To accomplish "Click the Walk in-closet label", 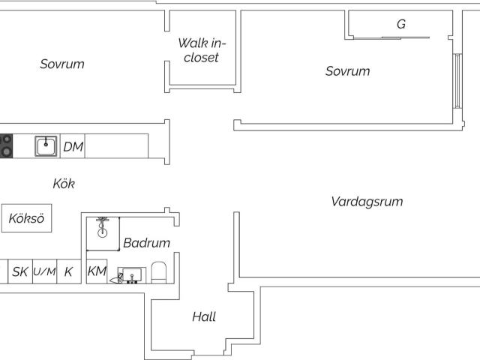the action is click(202, 50).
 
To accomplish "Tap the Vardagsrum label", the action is click(367, 202).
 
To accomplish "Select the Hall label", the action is click(204, 316).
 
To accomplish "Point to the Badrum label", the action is click(147, 243).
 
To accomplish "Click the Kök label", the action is click(64, 184).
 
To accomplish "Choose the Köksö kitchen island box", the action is click(27, 218).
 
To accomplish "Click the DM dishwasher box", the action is click(73, 146).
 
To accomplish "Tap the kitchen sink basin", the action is click(46, 146).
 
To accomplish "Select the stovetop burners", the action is click(6, 146).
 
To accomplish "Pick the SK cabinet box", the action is click(20, 271).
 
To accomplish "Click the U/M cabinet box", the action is click(45, 271).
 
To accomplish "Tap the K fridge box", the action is click(69, 271).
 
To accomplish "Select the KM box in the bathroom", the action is click(97, 271).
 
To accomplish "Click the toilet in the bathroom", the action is click(158, 272).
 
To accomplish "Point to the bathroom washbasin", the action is click(132, 275).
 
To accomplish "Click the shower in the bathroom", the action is click(103, 234).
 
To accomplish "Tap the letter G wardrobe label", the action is click(401, 24).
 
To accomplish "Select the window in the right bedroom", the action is click(457, 81).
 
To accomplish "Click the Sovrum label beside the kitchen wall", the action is click(62, 64).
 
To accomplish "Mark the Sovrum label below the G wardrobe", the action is click(347, 71).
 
